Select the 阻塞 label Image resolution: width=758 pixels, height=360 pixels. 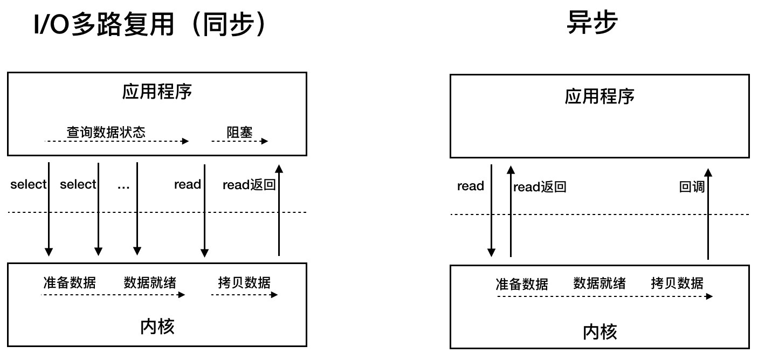pyautogui.click(x=239, y=131)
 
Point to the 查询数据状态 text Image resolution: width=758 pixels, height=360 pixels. pyautogui.click(x=106, y=131)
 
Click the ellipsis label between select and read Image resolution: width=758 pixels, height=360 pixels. pyautogui.click(x=124, y=185)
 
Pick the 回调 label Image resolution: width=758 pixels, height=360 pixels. pyautogui.click(x=692, y=187)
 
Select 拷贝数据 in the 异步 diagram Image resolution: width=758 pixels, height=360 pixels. pyautogui.click(x=677, y=283)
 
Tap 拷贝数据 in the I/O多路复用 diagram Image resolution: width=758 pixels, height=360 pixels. pyautogui.click(x=244, y=282)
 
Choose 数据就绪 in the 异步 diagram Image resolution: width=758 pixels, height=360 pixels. pyautogui.click(x=599, y=283)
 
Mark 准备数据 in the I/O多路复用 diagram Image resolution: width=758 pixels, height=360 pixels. pyautogui.click(x=70, y=282)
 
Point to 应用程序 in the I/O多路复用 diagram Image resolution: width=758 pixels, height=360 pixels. pyautogui.click(x=156, y=92)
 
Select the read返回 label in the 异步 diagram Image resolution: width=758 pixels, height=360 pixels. pyautogui.click(x=540, y=187)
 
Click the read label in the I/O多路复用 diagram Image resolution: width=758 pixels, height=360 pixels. pyautogui.click(x=187, y=185)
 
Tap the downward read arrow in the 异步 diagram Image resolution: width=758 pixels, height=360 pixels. pyautogui.click(x=491, y=210)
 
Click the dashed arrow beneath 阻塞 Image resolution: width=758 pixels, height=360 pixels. pyautogui.click(x=239, y=141)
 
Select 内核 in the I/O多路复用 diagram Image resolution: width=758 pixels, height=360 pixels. pyautogui.click(x=157, y=326)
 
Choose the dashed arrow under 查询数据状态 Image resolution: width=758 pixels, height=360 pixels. pyautogui.click(x=116, y=141)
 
